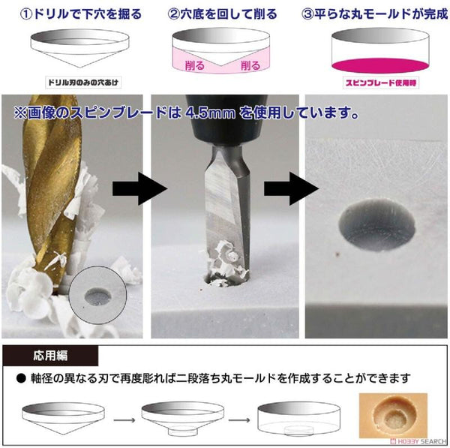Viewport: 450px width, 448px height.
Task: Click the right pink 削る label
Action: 250,65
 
